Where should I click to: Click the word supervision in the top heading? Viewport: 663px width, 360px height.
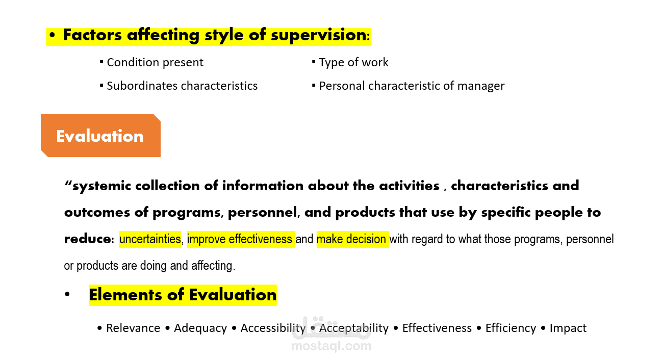pos(318,36)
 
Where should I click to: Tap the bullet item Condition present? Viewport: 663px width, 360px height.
pos(155,63)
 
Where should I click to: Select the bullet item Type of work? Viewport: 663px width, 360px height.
pos(354,63)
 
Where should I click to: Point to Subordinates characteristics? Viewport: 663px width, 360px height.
pos(182,86)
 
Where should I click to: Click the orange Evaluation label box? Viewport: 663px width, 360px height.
pos(100,136)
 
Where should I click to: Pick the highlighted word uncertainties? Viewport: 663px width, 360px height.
pos(150,239)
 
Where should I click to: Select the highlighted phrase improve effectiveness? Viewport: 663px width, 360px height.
pos(240,239)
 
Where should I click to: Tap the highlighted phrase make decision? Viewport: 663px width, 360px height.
pos(351,239)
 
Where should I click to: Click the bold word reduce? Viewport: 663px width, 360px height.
pos(87,239)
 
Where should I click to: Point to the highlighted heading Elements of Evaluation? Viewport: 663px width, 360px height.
pos(183,295)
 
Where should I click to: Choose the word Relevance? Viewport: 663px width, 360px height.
pos(133,328)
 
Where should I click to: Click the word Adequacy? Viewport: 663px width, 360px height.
pos(200,328)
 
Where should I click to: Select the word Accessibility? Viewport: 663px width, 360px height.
pos(273,328)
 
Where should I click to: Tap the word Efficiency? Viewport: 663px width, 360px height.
pos(511,328)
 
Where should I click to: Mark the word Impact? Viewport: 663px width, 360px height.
pos(568,328)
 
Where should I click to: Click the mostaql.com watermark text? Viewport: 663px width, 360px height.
pos(331,346)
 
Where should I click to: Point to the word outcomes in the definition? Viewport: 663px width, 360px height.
pos(97,212)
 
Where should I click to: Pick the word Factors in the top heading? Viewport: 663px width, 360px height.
pos(92,35)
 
